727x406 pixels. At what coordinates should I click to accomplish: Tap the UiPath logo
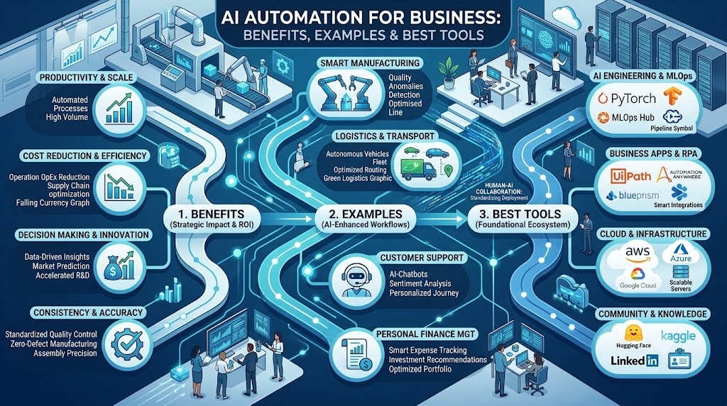click(630, 176)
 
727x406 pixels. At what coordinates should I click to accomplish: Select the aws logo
click(638, 254)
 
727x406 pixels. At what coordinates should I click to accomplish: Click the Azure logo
click(681, 253)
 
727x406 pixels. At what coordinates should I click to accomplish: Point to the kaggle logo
click(678, 336)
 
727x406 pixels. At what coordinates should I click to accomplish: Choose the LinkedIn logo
click(634, 360)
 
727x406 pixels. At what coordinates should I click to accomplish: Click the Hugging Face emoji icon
click(633, 333)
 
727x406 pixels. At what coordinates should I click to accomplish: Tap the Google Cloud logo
click(638, 278)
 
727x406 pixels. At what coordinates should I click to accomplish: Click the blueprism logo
click(633, 196)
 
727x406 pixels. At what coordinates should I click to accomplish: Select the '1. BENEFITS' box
click(211, 219)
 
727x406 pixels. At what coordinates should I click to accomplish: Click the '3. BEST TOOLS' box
click(523, 219)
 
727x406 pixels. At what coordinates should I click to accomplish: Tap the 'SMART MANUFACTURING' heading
click(369, 63)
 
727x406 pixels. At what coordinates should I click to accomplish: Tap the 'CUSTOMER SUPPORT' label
click(422, 258)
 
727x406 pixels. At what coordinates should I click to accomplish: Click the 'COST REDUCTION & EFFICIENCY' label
click(85, 155)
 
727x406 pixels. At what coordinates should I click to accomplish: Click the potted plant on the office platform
click(449, 72)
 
